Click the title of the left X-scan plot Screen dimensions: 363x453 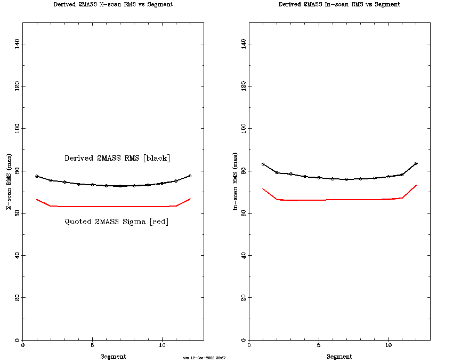[x=113, y=4]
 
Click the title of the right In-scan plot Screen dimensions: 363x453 [x=339, y=4]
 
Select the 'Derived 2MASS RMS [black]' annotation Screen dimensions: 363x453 [x=117, y=158]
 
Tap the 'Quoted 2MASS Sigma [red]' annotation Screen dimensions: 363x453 [x=117, y=222]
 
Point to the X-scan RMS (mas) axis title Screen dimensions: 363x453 [x=10, y=181]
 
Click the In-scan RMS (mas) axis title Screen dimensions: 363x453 [x=236, y=181]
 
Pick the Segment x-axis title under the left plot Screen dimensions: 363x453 [x=113, y=357]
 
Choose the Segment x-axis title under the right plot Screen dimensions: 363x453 [x=339, y=357]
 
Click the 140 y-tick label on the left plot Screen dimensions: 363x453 [x=18, y=43]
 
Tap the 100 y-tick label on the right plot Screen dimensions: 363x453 [x=244, y=128]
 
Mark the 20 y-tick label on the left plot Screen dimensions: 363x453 [x=18, y=297]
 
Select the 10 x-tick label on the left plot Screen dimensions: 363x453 [x=162, y=345]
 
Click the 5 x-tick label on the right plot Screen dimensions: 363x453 [x=319, y=345]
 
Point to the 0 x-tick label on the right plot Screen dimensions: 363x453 [x=249, y=345]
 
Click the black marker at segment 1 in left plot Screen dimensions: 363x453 [x=37, y=176]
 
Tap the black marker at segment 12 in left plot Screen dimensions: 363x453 [x=190, y=176]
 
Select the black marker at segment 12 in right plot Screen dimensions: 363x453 [x=416, y=163]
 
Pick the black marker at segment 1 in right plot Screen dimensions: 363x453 [x=263, y=164]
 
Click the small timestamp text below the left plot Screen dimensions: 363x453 [x=204, y=358]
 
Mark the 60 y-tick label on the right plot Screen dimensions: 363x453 [x=244, y=213]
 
